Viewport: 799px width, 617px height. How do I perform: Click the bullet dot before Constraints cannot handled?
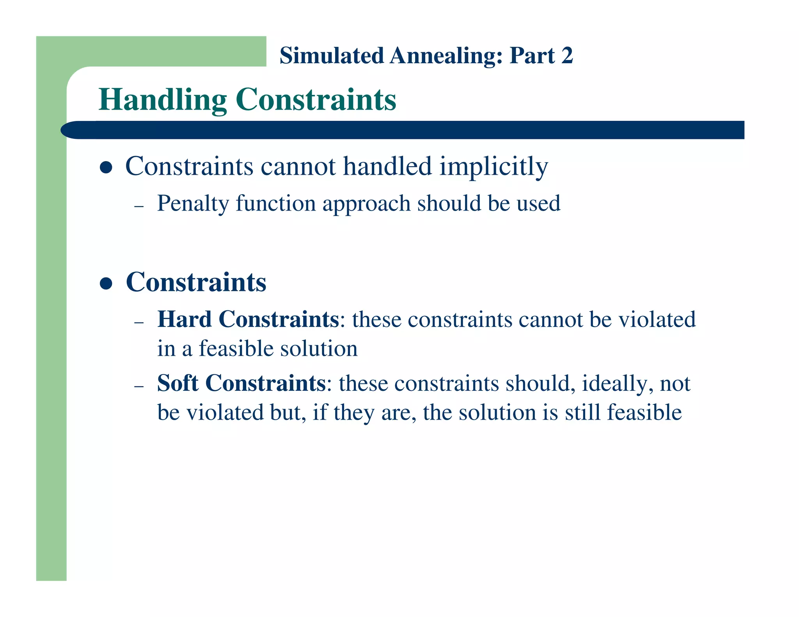tap(106, 168)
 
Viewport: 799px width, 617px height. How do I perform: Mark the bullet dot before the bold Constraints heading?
tap(106, 283)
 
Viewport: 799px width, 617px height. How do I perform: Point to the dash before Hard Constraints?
tap(139, 322)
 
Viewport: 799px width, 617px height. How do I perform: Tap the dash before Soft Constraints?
tap(139, 386)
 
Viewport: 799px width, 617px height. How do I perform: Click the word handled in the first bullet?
tap(387, 166)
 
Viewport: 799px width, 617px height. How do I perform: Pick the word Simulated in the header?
tap(332, 55)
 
